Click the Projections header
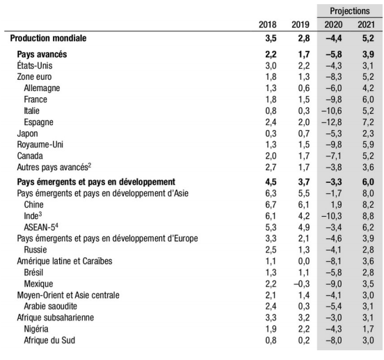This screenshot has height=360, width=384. [349, 11]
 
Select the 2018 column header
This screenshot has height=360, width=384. [267, 25]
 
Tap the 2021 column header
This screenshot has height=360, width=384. [366, 25]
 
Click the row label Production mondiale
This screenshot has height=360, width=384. [48, 38]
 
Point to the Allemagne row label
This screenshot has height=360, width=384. [42, 88]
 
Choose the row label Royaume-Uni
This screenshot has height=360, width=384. [40, 145]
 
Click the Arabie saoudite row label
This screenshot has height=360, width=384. [51, 306]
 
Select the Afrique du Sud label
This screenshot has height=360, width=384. [49, 340]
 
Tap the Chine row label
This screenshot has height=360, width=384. [33, 204]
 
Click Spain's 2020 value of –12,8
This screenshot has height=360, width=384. [332, 122]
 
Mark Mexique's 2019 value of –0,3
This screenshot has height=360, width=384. [301, 284]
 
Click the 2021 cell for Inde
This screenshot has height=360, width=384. [368, 216]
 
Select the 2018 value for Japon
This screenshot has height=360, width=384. [271, 133]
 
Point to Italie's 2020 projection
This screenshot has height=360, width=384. [332, 111]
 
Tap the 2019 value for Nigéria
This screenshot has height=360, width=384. [304, 329]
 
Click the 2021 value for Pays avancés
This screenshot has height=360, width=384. [368, 54]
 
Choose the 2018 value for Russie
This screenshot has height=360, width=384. [271, 250]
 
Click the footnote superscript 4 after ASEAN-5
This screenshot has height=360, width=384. [56, 225]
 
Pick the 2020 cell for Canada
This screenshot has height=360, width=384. [333, 156]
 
